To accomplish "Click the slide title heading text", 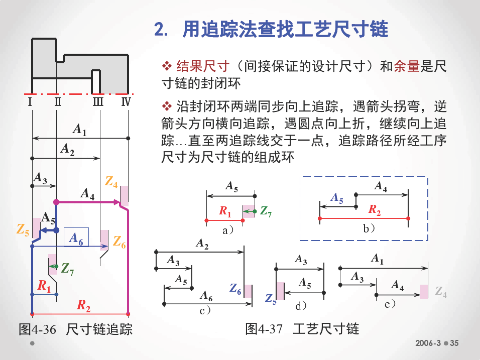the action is (271, 30).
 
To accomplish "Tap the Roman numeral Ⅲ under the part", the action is (98, 101).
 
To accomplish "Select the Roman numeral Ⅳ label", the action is (126, 101).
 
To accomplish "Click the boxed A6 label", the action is (76, 237).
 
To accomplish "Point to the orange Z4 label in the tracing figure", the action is (111, 182).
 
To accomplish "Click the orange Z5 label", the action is (23, 229).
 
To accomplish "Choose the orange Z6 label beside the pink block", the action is (119, 242).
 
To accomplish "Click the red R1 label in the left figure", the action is (44, 286).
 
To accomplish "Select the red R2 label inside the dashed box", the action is (375, 210).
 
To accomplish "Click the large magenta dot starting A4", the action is (56, 202).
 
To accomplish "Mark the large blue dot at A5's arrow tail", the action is (56, 230).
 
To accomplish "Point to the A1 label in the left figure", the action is (79, 129).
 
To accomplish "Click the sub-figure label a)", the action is (228, 230).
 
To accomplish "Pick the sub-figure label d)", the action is (301, 305).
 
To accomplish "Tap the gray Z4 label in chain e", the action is (441, 292).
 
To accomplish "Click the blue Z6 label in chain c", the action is (235, 289).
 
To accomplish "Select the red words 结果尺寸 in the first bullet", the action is (203, 66).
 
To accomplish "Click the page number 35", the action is (454, 343).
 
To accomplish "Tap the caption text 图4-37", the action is (264, 329).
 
